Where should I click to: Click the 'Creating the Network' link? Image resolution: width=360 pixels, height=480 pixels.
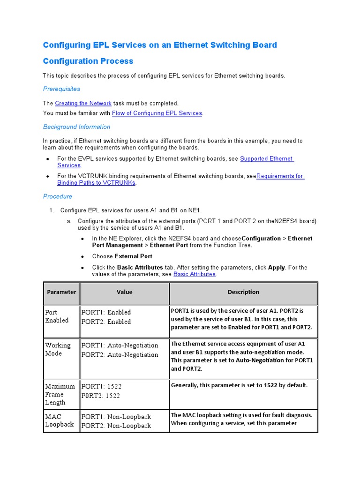pyautogui.click(x=83, y=103)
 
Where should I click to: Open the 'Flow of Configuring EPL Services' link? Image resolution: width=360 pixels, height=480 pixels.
pyautogui.click(x=157, y=113)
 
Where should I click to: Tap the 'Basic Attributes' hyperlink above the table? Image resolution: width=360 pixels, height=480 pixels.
pyautogui.click(x=194, y=274)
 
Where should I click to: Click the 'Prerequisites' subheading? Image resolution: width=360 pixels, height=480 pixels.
pyautogui.click(x=61, y=89)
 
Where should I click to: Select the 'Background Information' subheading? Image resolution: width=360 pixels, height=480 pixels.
pyautogui.click(x=76, y=127)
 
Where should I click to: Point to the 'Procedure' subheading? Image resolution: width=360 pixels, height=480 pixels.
pyautogui.click(x=58, y=196)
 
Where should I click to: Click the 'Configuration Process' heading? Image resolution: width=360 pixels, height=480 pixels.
pyautogui.click(x=88, y=61)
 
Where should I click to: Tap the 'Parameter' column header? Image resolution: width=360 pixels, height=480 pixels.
pyautogui.click(x=61, y=292)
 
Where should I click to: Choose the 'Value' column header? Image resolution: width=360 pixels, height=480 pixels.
pyautogui.click(x=124, y=292)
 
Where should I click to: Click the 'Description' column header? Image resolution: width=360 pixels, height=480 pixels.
pyautogui.click(x=243, y=292)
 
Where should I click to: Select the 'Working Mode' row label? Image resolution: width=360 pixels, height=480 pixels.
pyautogui.click(x=58, y=349)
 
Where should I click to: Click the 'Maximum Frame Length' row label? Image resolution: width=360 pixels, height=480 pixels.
pyautogui.click(x=60, y=394)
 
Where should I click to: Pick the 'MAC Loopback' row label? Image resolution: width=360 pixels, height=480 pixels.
pyautogui.click(x=59, y=420)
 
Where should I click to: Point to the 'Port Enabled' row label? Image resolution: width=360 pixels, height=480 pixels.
pyautogui.click(x=57, y=316)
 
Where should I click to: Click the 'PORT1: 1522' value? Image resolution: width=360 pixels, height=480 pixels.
pyautogui.click(x=101, y=386)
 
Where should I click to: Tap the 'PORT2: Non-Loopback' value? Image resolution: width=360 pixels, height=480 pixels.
pyautogui.click(x=116, y=426)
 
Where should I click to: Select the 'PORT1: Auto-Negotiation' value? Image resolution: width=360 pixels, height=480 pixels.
pyautogui.click(x=120, y=345)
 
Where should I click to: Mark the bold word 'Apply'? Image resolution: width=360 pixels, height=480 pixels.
pyautogui.click(x=277, y=268)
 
